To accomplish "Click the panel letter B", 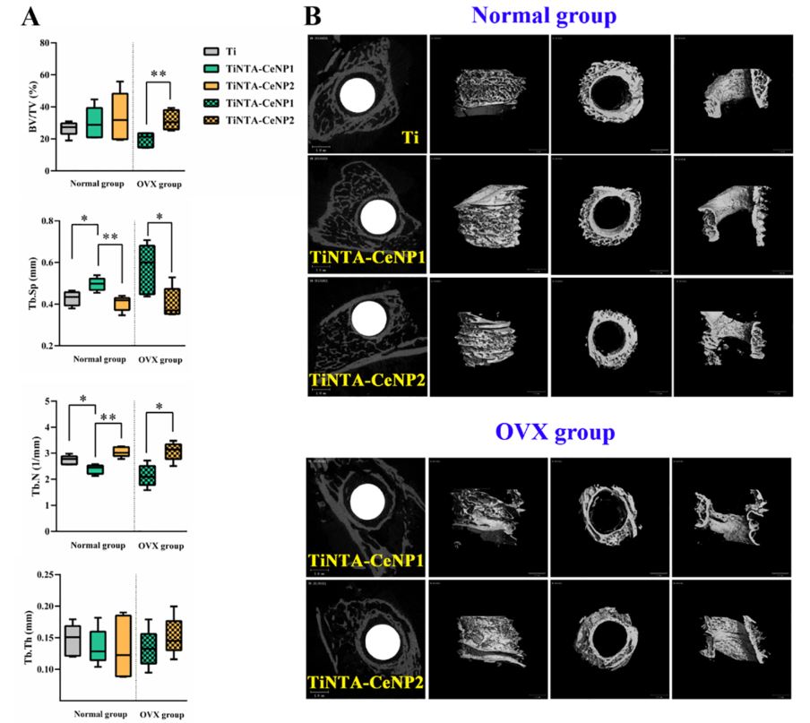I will [x=313, y=16].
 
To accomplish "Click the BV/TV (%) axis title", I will [x=19, y=106].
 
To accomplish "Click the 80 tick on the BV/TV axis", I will [x=43, y=43].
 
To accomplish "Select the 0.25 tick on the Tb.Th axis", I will [x=40, y=574].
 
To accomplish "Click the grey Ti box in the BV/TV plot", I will [x=68, y=128].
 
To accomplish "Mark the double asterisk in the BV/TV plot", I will [x=159, y=73].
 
